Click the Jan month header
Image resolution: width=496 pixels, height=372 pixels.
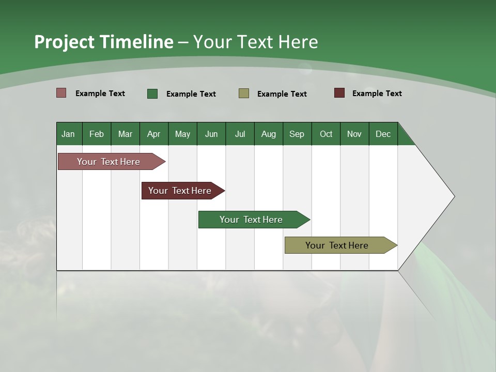click(69, 134)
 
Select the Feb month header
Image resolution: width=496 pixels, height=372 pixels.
click(97, 134)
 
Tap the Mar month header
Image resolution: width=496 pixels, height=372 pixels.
click(125, 134)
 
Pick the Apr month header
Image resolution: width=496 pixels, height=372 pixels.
click(154, 134)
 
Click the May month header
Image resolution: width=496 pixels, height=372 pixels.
click(182, 134)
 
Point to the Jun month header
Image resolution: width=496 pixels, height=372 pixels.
click(211, 134)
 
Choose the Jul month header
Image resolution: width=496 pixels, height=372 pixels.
click(240, 134)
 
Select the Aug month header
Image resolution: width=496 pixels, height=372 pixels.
click(269, 134)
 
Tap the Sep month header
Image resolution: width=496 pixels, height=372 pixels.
click(297, 134)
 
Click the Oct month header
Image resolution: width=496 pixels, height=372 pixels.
click(326, 134)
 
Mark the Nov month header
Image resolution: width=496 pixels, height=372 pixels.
click(354, 134)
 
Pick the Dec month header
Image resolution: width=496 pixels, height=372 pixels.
click(383, 134)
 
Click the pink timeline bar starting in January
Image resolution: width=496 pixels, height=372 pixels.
click(109, 162)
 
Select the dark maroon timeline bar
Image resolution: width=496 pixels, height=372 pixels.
click(180, 191)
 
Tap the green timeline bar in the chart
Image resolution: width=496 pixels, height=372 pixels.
click(252, 220)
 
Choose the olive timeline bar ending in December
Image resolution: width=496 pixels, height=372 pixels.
click(337, 245)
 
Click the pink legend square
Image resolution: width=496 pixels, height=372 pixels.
click(61, 93)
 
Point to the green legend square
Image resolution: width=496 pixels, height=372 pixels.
click(152, 94)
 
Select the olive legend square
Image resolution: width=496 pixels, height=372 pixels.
click(244, 94)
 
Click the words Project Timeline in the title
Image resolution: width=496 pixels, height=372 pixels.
click(104, 42)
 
